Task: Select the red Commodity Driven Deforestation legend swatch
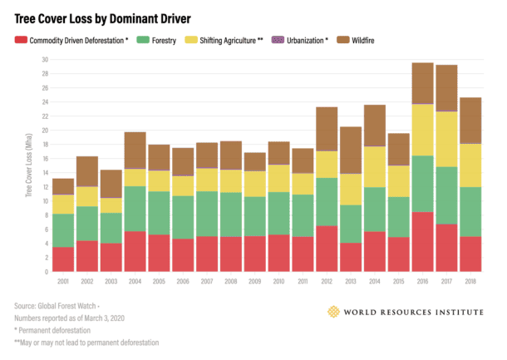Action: tap(22, 39)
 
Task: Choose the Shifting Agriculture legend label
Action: tap(229, 39)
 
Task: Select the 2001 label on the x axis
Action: tap(62, 283)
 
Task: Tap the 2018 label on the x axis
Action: tap(470, 283)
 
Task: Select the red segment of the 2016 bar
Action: tap(423, 241)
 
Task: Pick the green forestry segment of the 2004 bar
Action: tap(135, 209)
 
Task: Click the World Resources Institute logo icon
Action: tap(334, 312)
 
